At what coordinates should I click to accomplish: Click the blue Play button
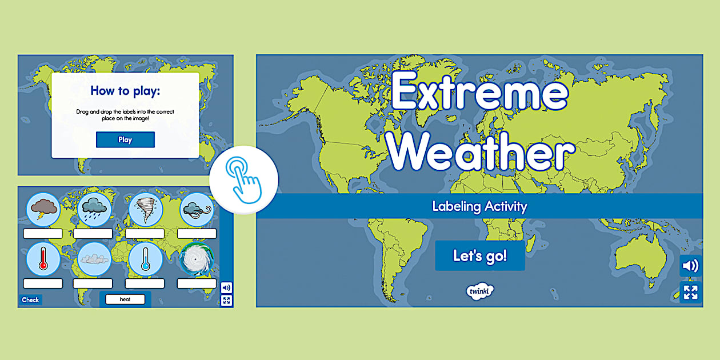(x=125, y=139)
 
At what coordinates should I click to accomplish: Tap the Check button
(x=30, y=300)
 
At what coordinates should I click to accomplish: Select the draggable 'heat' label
(x=125, y=299)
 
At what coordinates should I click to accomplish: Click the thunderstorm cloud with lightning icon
(x=43, y=209)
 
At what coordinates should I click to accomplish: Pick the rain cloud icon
(x=93, y=209)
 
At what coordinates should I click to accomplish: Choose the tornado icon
(x=145, y=209)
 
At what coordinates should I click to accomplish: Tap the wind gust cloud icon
(x=197, y=209)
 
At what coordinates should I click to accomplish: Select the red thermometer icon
(x=43, y=258)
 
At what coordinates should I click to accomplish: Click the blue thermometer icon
(x=145, y=258)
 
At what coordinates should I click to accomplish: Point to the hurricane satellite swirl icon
(x=197, y=258)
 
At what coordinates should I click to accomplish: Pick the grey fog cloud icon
(x=93, y=258)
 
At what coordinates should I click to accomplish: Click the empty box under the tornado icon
(x=145, y=233)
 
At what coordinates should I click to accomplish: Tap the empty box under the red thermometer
(x=43, y=283)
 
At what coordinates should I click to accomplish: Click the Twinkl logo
(x=479, y=290)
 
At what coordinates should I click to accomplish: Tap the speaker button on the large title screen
(x=690, y=266)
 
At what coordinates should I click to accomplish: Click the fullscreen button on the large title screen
(x=690, y=293)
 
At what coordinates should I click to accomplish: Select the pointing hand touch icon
(x=243, y=179)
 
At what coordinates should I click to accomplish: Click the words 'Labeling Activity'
(x=479, y=206)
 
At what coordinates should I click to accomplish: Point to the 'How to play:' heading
(x=125, y=91)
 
